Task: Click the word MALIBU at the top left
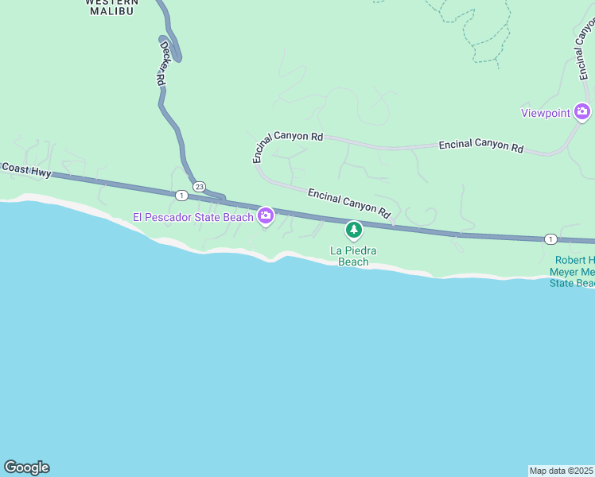pyautogui.click(x=111, y=12)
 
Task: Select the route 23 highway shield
pyautogui.click(x=199, y=187)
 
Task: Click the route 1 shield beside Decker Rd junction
pyautogui.click(x=182, y=195)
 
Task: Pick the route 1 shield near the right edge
pyautogui.click(x=550, y=238)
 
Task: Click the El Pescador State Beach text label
pyautogui.click(x=192, y=216)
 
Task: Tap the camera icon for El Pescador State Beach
pyautogui.click(x=266, y=215)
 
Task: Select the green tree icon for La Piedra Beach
pyautogui.click(x=354, y=231)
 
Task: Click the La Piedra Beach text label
pyautogui.click(x=353, y=256)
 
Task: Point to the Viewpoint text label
pyautogui.click(x=546, y=113)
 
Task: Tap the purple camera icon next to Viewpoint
pyautogui.click(x=583, y=112)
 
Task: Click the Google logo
pyautogui.click(x=26, y=467)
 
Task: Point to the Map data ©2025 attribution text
pyautogui.click(x=561, y=470)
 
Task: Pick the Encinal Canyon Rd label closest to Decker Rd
pyautogui.click(x=287, y=144)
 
